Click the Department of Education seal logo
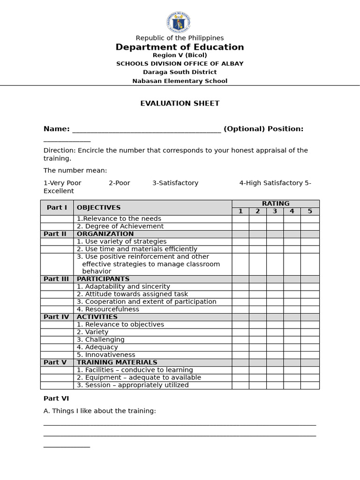178,22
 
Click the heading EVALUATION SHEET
180,103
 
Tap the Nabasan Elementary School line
180,81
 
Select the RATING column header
275,203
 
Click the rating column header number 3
275,211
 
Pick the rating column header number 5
309,211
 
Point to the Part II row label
55,234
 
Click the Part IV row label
56,317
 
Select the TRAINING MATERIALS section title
117,362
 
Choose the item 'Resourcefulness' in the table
108,309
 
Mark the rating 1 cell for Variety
240,332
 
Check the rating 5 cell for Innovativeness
309,355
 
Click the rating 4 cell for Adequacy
292,347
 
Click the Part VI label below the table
56,398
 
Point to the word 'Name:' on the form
56,129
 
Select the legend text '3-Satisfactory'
175,183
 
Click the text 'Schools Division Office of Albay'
180,64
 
